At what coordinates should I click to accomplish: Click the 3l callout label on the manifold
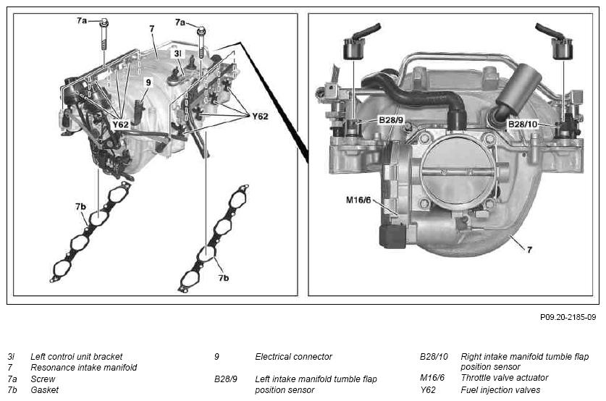177,54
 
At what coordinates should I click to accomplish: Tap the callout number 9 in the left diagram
148,83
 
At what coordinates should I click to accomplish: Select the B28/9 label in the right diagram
391,120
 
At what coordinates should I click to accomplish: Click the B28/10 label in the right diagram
523,124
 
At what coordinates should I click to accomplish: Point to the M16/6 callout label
358,200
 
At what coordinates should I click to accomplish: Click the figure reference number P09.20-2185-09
568,317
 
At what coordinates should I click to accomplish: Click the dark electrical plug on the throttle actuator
392,236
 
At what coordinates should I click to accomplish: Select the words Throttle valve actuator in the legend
505,377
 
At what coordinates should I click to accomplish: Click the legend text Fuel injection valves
500,390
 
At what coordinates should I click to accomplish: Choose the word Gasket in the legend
44,390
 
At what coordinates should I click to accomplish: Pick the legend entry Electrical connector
293,357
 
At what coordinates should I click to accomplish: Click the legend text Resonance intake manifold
83,368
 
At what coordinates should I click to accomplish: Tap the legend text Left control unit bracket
76,357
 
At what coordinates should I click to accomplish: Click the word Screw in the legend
43,379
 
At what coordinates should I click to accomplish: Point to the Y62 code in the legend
428,390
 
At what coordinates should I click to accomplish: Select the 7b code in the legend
12,390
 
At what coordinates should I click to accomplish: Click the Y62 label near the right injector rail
260,117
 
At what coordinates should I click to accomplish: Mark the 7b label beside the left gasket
80,207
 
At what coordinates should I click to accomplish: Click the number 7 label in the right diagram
529,250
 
